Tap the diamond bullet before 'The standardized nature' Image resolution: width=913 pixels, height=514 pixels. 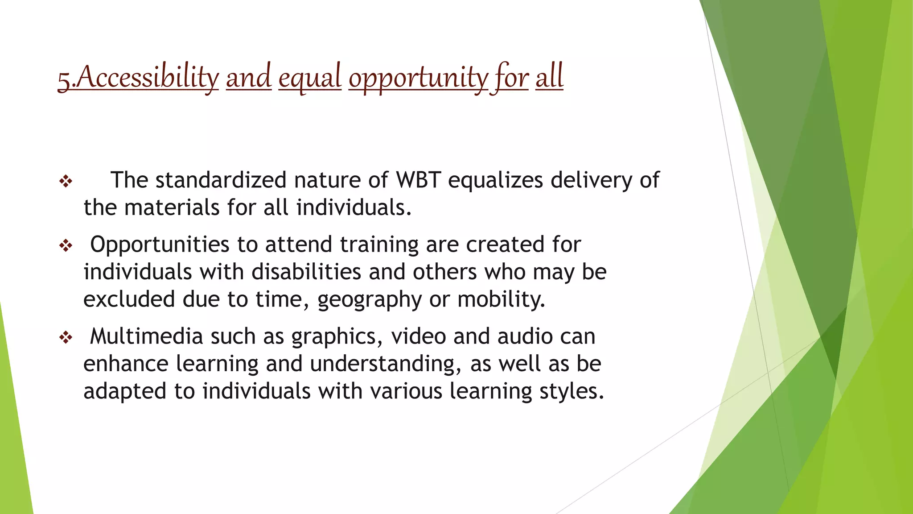[x=66, y=181]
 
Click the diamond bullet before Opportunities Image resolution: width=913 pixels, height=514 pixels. [x=66, y=245]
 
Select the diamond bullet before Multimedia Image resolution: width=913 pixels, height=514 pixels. [x=66, y=337]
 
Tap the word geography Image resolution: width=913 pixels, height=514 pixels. [x=370, y=300]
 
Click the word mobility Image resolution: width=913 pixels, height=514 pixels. [x=501, y=299]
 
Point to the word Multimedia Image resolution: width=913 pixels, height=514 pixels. [x=146, y=336]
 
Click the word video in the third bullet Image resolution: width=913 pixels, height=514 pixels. [x=418, y=336]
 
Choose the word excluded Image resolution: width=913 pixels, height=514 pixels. [x=129, y=299]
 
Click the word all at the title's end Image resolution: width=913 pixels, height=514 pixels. [x=549, y=77]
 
